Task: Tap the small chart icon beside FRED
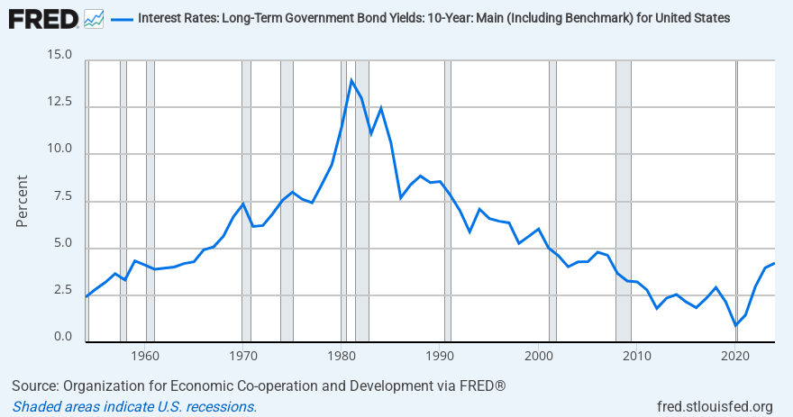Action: [x=93, y=18]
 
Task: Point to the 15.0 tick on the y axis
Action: [x=59, y=56]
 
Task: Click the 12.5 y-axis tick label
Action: [x=59, y=103]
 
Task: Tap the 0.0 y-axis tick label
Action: [x=62, y=337]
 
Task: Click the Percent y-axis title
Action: [x=23, y=199]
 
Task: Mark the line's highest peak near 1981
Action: [x=351, y=80]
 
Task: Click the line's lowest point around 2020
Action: [x=736, y=325]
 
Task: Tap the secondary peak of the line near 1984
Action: [x=381, y=108]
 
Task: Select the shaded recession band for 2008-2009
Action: [x=623, y=198]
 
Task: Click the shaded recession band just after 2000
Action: [x=552, y=198]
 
